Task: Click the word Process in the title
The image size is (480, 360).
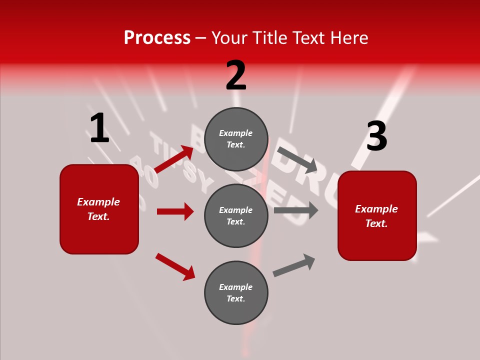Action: pyautogui.click(x=157, y=38)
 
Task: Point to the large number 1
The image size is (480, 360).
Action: pyautogui.click(x=99, y=128)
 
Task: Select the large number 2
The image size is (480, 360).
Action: pyautogui.click(x=236, y=75)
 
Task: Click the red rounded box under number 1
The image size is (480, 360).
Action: pyautogui.click(x=99, y=209)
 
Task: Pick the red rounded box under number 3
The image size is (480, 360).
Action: pyautogui.click(x=377, y=215)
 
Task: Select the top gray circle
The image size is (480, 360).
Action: pyautogui.click(x=236, y=139)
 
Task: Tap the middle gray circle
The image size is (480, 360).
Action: pyautogui.click(x=236, y=215)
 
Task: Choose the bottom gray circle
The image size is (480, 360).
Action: pyautogui.click(x=236, y=292)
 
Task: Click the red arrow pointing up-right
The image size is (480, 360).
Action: pyautogui.click(x=174, y=158)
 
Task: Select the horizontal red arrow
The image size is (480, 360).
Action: pyautogui.click(x=175, y=211)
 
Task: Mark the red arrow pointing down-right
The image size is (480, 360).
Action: pyautogui.click(x=175, y=266)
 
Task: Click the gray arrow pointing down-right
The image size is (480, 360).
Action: pyautogui.click(x=297, y=159)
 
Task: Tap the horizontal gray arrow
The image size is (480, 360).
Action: pyautogui.click(x=296, y=210)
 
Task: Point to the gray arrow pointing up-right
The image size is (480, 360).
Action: pyautogui.click(x=294, y=265)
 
